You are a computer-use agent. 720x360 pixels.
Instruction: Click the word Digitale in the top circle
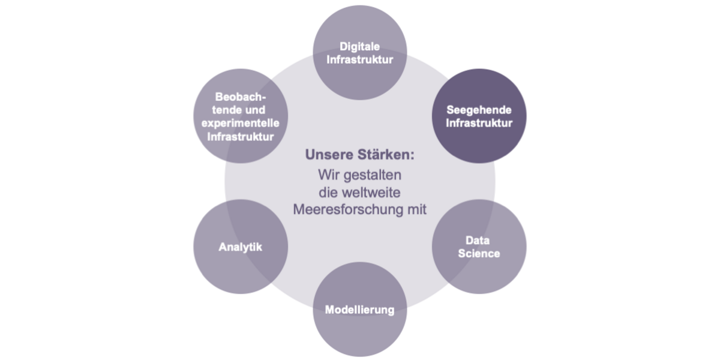click(359, 47)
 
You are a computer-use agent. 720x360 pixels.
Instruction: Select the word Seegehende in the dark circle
click(479, 110)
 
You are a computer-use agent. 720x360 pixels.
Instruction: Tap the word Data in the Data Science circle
click(478, 240)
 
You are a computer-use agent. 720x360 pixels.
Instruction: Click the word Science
click(479, 253)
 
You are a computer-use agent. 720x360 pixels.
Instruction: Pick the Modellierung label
click(359, 310)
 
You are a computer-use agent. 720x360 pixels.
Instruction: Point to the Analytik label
click(241, 247)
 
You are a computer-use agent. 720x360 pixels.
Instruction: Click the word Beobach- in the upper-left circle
click(241, 97)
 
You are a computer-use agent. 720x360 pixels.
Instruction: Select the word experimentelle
click(241, 123)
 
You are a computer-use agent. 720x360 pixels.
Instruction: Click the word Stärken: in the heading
click(386, 154)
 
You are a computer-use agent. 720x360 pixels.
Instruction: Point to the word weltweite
click(371, 193)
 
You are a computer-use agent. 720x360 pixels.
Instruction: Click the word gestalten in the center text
click(373, 175)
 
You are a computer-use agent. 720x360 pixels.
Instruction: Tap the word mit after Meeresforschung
click(417, 209)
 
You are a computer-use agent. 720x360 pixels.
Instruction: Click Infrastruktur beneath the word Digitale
click(359, 60)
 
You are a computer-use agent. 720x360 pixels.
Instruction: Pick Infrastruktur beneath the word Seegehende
click(479, 123)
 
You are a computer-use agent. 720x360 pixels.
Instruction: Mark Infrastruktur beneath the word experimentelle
click(241, 137)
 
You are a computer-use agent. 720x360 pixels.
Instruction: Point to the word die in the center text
click(328, 193)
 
